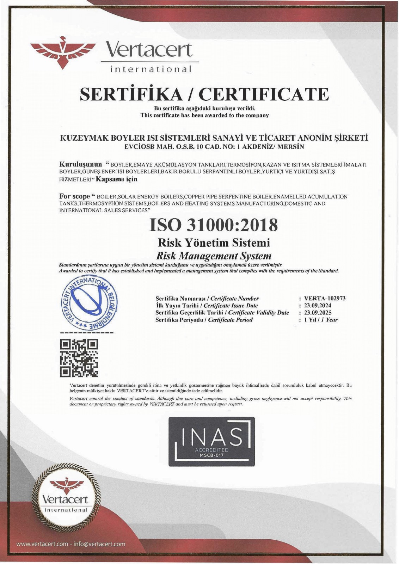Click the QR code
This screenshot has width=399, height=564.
point(79,357)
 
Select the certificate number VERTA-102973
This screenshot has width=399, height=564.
point(325,298)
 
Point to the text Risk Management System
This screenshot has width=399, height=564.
point(214,256)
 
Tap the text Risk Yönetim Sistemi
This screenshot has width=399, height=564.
point(214,243)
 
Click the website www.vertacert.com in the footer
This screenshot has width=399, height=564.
point(42,544)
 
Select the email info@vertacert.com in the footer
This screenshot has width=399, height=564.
point(99,544)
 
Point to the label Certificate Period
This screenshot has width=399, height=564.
point(230,320)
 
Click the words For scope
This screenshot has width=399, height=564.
point(74,196)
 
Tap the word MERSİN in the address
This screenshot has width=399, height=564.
point(291,147)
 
